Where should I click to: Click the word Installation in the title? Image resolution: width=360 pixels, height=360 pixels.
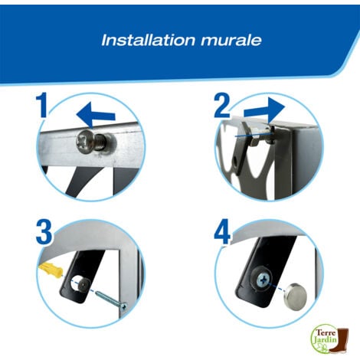(149, 40)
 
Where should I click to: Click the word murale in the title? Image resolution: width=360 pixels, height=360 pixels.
(231, 41)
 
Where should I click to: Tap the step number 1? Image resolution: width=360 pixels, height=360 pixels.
(42, 105)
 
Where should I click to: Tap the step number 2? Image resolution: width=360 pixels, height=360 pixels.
(221, 106)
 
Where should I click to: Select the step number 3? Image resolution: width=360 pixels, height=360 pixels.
(44, 233)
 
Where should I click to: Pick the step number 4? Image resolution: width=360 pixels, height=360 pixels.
(223, 232)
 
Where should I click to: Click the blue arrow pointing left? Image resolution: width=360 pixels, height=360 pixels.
(96, 114)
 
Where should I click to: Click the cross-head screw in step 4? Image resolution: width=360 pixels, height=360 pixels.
(262, 280)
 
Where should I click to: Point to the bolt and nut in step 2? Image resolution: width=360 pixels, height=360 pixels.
(261, 135)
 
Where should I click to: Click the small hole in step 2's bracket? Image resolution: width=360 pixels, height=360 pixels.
(236, 161)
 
